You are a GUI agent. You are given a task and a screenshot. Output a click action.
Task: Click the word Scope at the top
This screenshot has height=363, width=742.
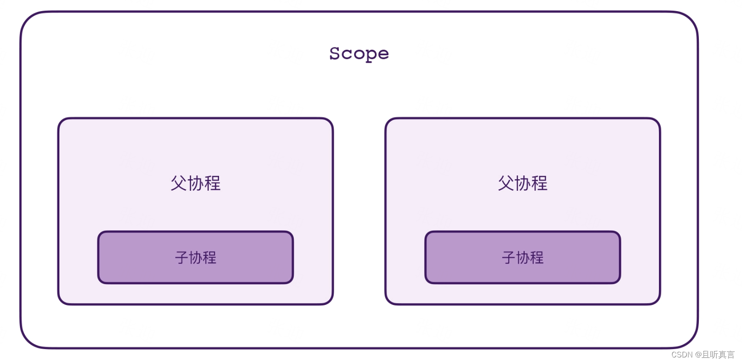pos(359,54)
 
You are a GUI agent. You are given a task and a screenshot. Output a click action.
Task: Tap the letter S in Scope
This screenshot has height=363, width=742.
pos(335,53)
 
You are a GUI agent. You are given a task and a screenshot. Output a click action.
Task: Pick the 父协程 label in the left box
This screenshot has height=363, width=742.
pos(195,183)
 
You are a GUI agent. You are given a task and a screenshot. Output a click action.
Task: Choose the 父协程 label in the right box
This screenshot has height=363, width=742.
pos(523,183)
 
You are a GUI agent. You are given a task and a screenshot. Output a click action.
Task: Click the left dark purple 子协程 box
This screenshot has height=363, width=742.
pos(195,257)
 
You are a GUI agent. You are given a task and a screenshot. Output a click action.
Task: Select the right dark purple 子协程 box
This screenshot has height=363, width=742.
pos(523,257)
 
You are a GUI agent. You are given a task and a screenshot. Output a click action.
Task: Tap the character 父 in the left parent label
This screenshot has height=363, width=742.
pos(179,183)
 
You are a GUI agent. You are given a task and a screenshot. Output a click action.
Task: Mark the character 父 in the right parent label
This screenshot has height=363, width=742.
pos(506,183)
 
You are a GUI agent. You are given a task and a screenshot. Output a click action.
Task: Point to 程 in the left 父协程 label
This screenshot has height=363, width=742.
pos(213,183)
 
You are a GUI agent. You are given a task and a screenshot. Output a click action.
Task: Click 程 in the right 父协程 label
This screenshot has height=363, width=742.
pos(540,183)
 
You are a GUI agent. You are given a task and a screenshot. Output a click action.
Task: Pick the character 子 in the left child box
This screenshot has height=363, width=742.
pos(181,258)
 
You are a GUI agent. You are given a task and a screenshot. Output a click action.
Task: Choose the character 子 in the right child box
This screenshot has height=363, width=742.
pos(509,258)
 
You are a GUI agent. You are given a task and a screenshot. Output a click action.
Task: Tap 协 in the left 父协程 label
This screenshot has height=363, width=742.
pos(195,183)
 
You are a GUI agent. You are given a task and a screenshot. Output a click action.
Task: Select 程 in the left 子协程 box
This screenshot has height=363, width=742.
pos(210,258)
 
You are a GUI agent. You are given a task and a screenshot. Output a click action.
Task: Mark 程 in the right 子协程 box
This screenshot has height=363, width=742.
pos(537,258)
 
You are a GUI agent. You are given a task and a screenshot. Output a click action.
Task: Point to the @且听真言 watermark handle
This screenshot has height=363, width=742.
pos(715,355)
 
